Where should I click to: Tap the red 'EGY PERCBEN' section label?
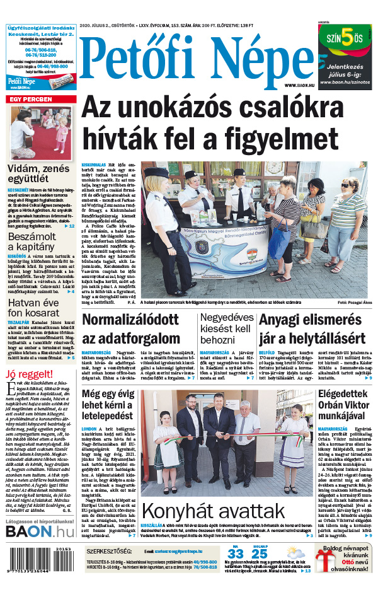coord(30,100)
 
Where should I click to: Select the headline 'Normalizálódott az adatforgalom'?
coord(130,328)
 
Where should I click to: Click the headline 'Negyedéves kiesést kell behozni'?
coord(226,328)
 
